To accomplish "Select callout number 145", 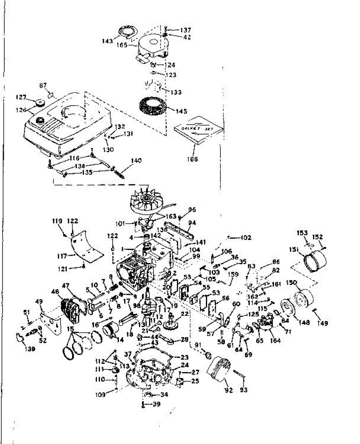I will [x=181, y=111].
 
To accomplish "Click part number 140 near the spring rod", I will [x=136, y=161].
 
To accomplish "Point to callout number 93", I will [x=244, y=390].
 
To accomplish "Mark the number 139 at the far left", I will [x=30, y=349].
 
